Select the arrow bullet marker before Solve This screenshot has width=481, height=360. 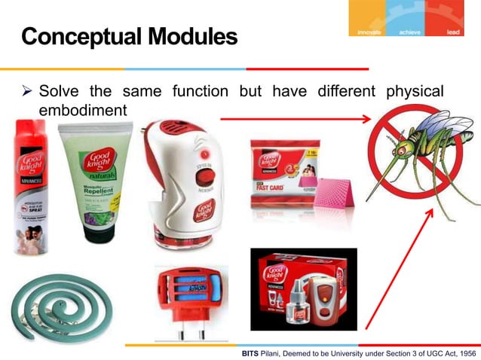(x=26, y=93)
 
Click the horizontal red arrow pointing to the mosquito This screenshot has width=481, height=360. (x=295, y=118)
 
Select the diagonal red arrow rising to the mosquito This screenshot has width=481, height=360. (x=400, y=271)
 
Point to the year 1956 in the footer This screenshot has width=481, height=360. (x=462, y=352)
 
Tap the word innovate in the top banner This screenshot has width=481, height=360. (x=366, y=32)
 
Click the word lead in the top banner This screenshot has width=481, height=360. (x=453, y=32)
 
